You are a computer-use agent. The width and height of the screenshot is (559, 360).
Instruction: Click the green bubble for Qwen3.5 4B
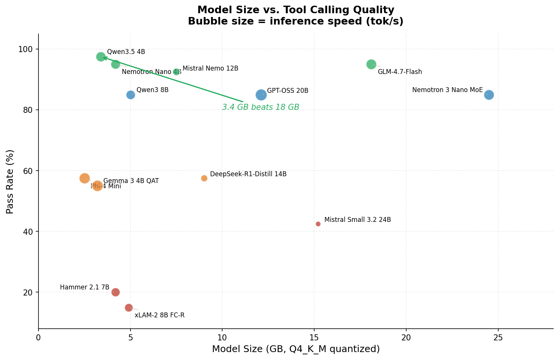[x=101, y=57]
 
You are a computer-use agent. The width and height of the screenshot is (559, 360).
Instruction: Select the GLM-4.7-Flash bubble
[x=371, y=64]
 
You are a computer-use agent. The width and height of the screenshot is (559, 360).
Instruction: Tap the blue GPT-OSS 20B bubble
[x=261, y=95]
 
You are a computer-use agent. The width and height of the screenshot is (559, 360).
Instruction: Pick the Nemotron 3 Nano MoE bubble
[x=489, y=95]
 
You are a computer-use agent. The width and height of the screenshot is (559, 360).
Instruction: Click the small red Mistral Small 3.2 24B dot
[x=318, y=224]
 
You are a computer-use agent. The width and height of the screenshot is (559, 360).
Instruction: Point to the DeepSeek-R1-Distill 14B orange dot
[x=204, y=178]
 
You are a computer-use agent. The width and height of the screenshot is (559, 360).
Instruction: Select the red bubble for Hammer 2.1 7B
[x=115, y=292]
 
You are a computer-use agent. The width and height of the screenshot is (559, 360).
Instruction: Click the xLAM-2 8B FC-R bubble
[x=129, y=308]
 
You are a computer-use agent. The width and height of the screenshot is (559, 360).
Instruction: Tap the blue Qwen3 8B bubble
[x=131, y=95]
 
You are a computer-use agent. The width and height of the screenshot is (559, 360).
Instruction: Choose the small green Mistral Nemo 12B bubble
[x=176, y=72]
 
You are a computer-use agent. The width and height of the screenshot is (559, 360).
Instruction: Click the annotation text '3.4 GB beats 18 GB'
[x=261, y=107]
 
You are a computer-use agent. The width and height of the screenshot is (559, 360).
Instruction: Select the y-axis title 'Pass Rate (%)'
[x=10, y=182]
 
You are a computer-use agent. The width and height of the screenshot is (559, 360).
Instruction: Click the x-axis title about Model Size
[x=296, y=349]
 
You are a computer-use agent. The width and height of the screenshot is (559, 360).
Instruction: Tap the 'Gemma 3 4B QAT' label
[x=131, y=181]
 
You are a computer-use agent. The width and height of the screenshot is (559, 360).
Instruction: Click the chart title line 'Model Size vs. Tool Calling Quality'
[x=296, y=10]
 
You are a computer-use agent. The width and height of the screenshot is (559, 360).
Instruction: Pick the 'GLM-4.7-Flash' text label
[x=400, y=72]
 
